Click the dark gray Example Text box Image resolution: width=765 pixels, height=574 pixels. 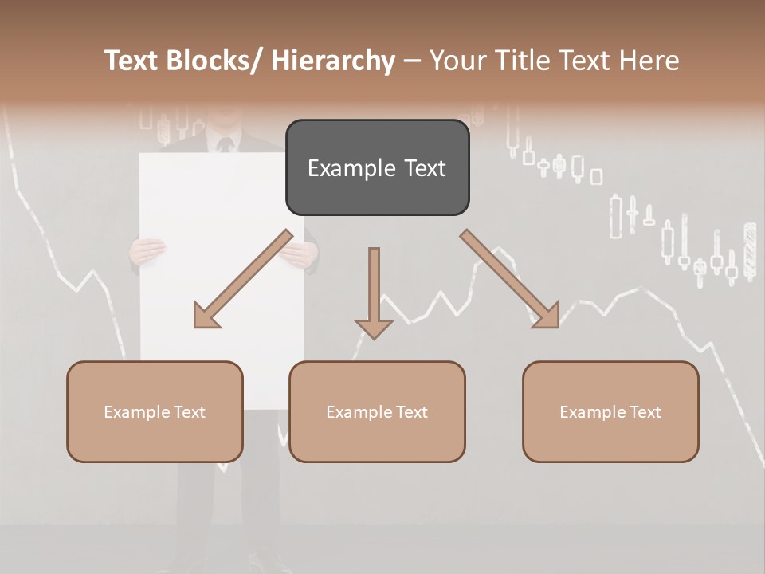click(377, 167)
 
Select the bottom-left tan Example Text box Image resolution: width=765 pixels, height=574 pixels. click(155, 411)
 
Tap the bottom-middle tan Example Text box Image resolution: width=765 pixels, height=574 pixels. click(377, 411)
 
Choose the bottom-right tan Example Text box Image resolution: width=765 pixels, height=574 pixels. click(610, 411)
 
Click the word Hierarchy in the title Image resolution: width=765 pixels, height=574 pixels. click(333, 61)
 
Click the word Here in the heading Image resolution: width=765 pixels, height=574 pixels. click(648, 61)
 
